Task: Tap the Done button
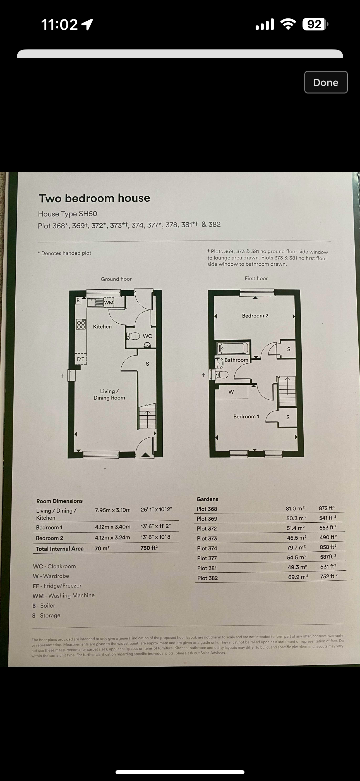click(326, 82)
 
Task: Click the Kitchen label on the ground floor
click(102, 327)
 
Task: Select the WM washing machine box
click(109, 302)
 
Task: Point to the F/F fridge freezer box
click(81, 359)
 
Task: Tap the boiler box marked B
click(78, 300)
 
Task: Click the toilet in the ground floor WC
click(133, 336)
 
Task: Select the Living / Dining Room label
click(109, 394)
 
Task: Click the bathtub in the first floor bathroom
click(233, 348)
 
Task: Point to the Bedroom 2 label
click(255, 316)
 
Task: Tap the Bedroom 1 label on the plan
click(246, 416)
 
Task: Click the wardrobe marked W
click(232, 392)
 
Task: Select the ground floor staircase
click(148, 416)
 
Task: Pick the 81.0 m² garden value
click(295, 508)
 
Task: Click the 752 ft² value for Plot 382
click(329, 576)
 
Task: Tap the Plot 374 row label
click(207, 548)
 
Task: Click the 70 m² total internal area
click(102, 548)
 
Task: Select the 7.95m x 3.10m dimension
click(113, 510)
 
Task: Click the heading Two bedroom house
click(94, 198)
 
